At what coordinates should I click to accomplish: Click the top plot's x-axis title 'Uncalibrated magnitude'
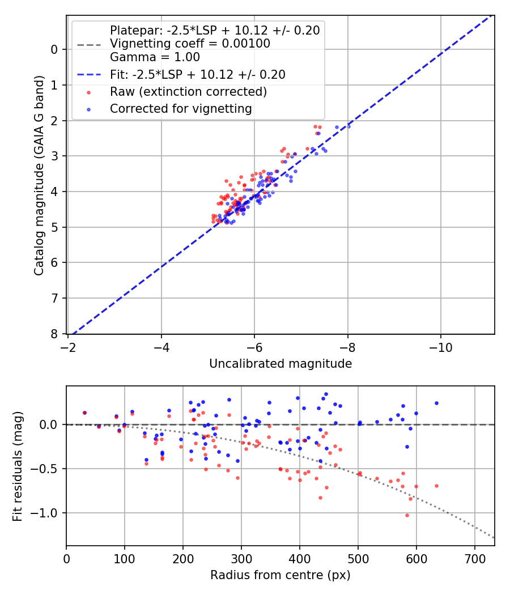click(x=280, y=364)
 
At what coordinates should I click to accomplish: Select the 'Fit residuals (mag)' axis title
click(x=18, y=466)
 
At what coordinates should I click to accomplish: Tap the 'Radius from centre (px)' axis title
click(x=280, y=575)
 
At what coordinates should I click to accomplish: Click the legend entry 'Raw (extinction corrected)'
click(x=188, y=91)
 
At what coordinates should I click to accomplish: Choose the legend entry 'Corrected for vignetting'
click(x=181, y=108)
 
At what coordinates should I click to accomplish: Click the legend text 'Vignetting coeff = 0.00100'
click(x=190, y=44)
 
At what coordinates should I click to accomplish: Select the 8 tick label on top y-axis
click(x=54, y=334)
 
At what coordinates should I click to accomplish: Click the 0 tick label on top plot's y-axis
click(x=54, y=49)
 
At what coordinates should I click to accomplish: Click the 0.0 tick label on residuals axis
click(x=50, y=424)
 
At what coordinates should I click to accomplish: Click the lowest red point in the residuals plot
click(x=407, y=515)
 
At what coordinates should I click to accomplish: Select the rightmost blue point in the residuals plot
click(x=436, y=403)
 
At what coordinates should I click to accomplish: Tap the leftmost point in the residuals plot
click(x=84, y=413)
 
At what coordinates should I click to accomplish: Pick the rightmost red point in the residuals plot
click(x=436, y=486)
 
